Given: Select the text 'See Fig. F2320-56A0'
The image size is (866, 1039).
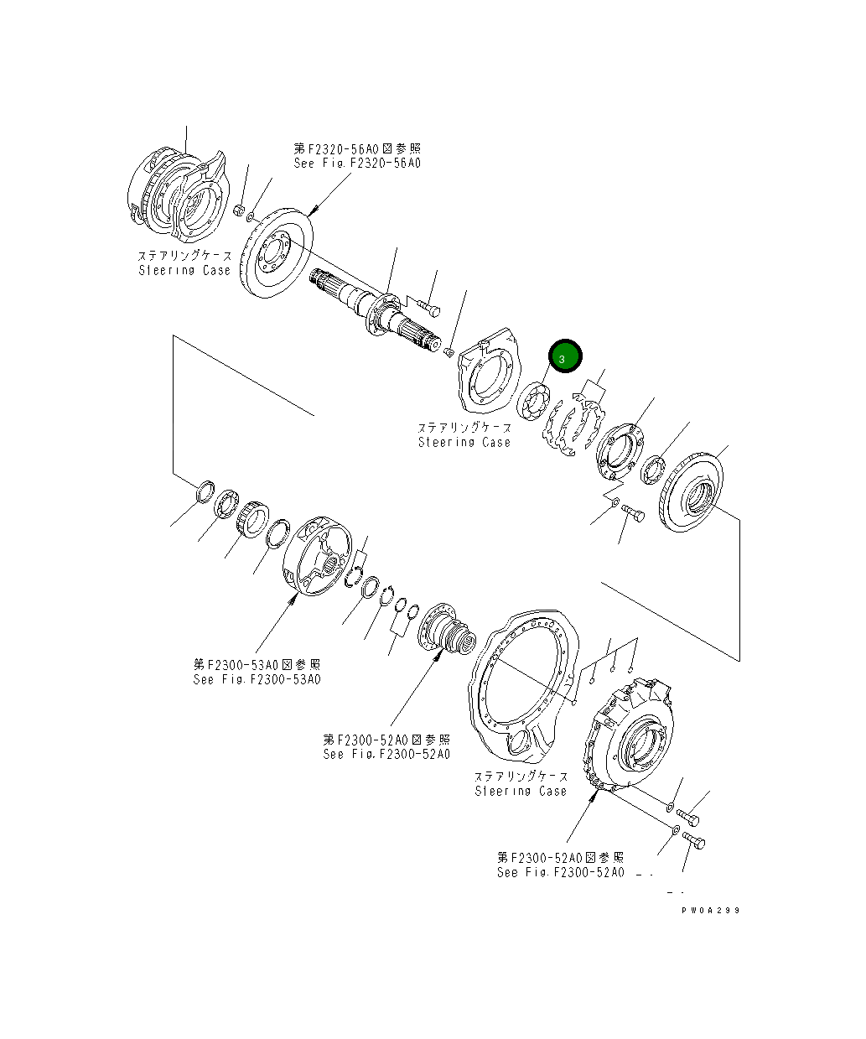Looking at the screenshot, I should pyautogui.click(x=358, y=163).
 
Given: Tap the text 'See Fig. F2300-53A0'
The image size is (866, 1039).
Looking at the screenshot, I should pyautogui.click(x=257, y=679).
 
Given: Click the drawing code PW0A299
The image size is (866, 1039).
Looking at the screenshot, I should pyautogui.click(x=710, y=910).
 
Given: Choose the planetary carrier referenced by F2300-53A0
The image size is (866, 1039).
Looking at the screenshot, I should pyautogui.click(x=318, y=557).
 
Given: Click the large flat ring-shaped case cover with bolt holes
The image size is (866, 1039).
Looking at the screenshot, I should pyautogui.click(x=521, y=688).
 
